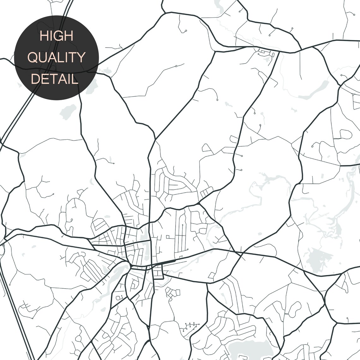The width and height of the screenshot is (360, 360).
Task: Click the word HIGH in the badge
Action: click(57, 36)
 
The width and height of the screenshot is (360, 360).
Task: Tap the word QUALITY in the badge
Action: click(57, 57)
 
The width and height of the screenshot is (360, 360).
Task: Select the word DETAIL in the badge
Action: click(55, 79)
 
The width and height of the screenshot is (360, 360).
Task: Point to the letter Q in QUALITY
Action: click(33, 57)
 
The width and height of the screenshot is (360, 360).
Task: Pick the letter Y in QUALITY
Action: click(81, 57)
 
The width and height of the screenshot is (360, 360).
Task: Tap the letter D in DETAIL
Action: click(34, 79)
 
